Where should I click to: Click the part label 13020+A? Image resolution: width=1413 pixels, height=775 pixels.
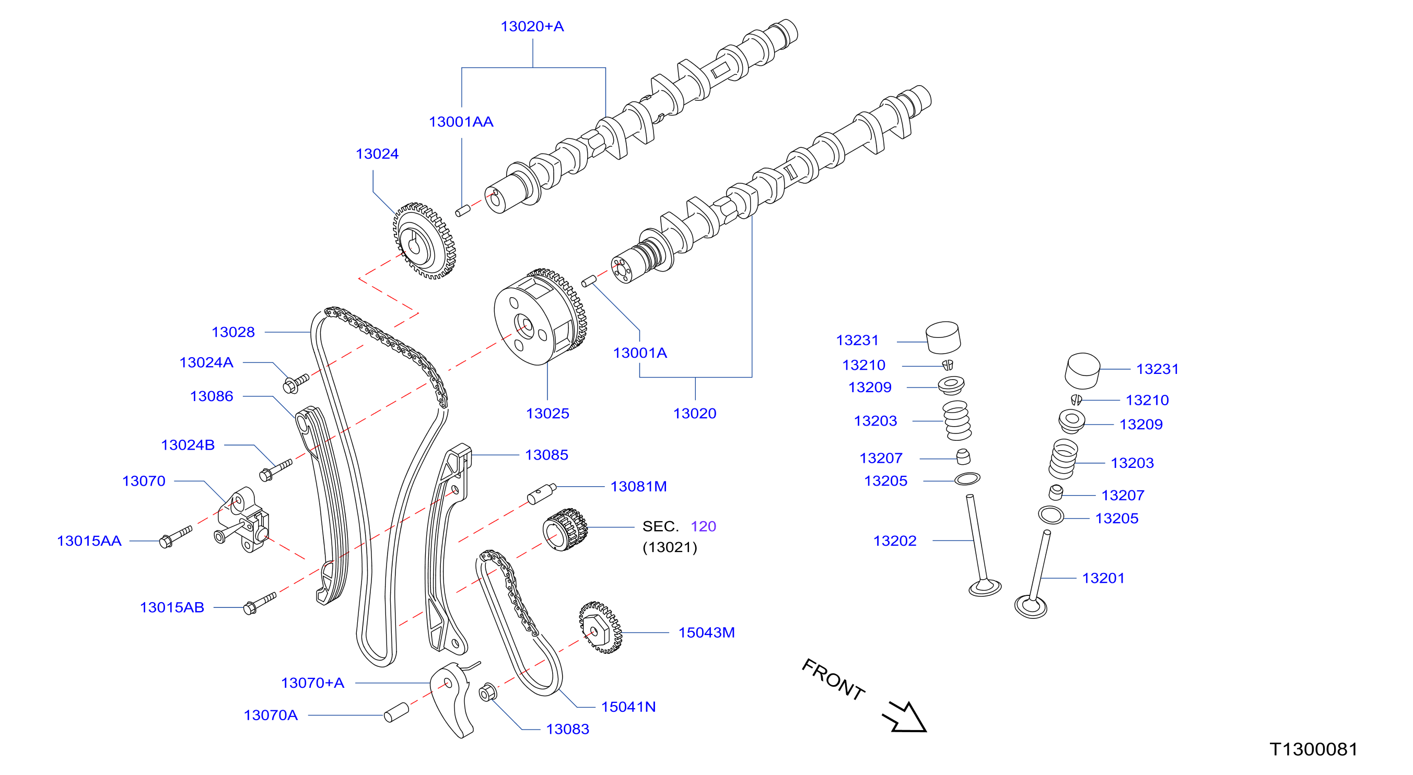tap(532, 26)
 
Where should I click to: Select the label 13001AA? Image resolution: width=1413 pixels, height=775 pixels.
tap(461, 122)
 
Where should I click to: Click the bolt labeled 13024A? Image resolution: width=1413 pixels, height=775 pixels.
tap(296, 383)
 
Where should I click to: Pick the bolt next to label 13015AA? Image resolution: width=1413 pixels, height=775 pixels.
tap(175, 536)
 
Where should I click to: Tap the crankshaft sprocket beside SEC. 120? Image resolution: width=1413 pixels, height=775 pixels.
tap(565, 529)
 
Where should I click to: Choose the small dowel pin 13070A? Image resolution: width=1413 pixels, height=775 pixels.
tap(396, 712)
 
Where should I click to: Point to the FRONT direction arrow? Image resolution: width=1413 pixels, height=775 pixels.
tap(905, 718)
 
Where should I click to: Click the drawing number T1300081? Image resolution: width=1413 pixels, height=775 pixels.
tap(1313, 749)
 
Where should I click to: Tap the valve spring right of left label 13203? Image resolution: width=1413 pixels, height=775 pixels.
tap(957, 421)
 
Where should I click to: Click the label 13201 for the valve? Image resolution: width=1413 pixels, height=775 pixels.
tap(1103, 578)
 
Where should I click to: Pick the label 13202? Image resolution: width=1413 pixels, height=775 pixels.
tap(895, 541)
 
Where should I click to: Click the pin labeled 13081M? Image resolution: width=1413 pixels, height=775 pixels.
tap(541, 493)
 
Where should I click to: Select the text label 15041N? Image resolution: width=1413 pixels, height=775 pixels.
tap(628, 707)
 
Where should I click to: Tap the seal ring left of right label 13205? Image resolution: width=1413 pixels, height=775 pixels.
tap(1051, 515)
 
